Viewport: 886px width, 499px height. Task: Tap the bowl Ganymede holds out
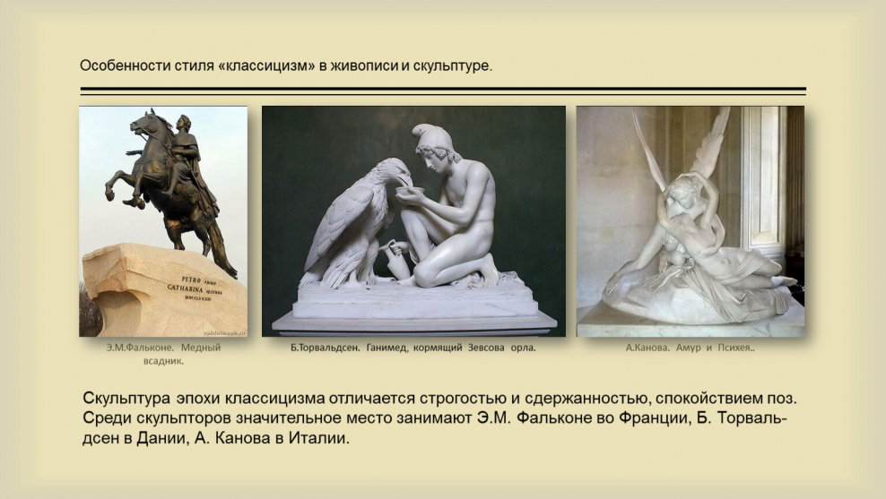412,190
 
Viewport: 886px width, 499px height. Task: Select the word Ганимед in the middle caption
387,348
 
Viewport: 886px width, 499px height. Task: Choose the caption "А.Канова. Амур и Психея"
690,348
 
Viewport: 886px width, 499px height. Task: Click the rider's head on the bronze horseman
184,124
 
